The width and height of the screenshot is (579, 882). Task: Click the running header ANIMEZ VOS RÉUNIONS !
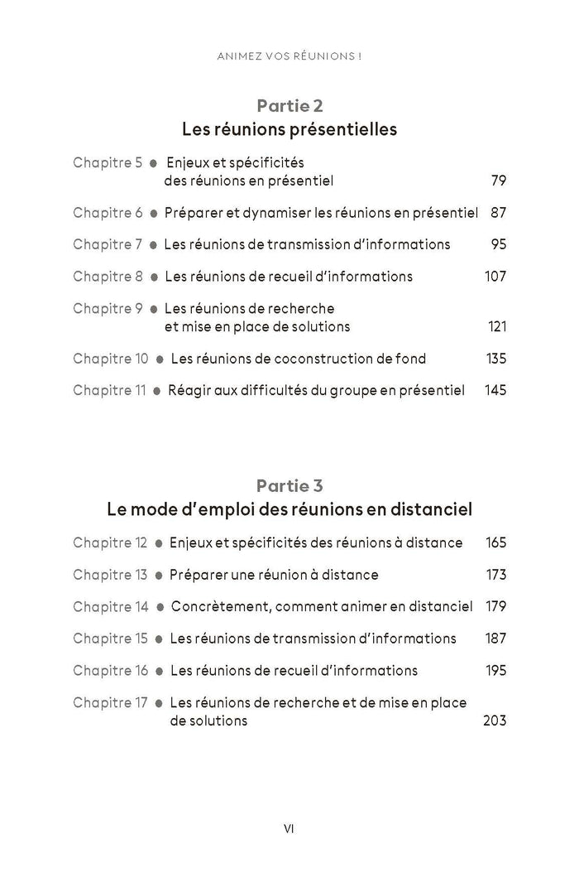click(289, 57)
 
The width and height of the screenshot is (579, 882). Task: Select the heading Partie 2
click(289, 105)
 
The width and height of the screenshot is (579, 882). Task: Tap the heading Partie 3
click(289, 485)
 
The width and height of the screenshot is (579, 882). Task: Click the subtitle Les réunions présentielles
click(289, 130)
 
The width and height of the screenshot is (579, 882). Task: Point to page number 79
click(498, 181)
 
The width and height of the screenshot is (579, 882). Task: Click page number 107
click(495, 276)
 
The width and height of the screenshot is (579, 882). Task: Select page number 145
click(495, 390)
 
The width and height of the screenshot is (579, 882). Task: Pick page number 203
click(494, 721)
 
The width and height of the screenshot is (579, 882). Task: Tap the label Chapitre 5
click(108, 162)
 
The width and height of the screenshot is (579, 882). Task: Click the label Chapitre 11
click(109, 390)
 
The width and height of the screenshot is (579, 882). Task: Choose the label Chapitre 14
click(111, 606)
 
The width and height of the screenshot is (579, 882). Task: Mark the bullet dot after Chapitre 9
click(154, 309)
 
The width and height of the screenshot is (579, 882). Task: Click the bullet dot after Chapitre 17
click(159, 703)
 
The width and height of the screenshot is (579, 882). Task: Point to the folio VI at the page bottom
click(289, 827)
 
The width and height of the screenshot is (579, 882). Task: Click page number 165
click(495, 543)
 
